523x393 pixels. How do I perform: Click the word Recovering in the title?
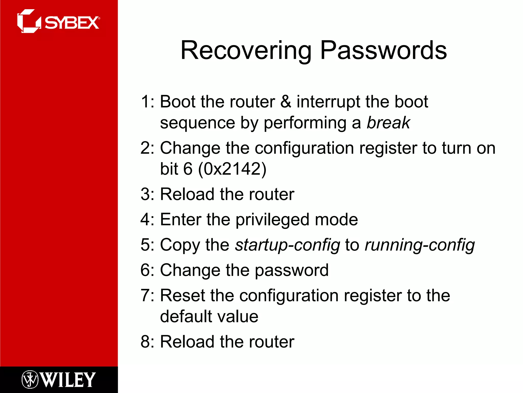(x=246, y=51)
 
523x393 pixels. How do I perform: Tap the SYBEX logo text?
(x=72, y=23)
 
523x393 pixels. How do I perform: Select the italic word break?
(x=388, y=123)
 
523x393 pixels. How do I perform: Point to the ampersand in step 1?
(x=286, y=102)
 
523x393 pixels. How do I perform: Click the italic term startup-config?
(x=288, y=245)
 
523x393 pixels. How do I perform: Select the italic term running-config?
(x=420, y=245)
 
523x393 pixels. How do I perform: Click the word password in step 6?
(x=292, y=270)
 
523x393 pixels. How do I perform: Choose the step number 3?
(x=148, y=194)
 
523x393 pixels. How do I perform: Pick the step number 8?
(x=148, y=342)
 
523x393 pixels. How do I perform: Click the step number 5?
(x=148, y=245)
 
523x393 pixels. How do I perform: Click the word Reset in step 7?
(x=182, y=296)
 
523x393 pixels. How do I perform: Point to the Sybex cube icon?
(x=28, y=21)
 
